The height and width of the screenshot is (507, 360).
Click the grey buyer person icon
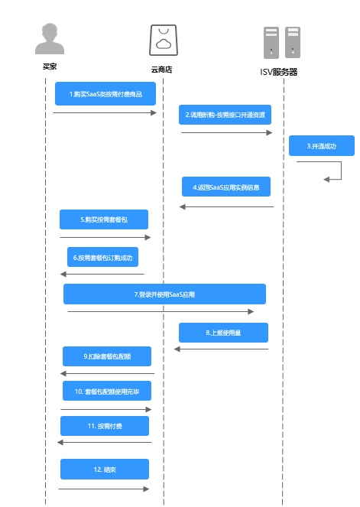[50, 38]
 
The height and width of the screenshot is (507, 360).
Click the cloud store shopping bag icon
[164, 40]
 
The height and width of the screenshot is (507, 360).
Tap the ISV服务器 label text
[278, 72]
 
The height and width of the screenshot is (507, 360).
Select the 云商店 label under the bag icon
[161, 70]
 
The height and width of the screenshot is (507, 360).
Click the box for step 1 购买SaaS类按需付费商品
[105, 94]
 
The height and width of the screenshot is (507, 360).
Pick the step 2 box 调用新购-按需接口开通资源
[225, 115]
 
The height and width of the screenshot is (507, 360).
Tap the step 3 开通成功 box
[322, 146]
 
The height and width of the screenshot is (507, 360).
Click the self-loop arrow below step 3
[341, 171]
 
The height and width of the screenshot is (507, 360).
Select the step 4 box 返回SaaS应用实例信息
[226, 187]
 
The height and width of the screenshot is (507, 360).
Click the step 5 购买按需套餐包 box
[104, 219]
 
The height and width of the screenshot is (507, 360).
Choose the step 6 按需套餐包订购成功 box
[102, 257]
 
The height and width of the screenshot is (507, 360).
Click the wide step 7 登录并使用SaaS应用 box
[164, 294]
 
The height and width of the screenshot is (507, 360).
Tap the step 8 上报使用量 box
[223, 333]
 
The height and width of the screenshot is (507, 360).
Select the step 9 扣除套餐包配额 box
[107, 356]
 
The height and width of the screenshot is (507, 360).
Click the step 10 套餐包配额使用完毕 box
[107, 391]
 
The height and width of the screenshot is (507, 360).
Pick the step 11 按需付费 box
[105, 426]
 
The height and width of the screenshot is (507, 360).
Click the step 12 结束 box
[105, 470]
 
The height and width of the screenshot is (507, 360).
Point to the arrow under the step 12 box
[104, 489]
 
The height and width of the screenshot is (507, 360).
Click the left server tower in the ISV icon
[271, 43]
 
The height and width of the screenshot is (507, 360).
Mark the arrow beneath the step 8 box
[222, 349]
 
